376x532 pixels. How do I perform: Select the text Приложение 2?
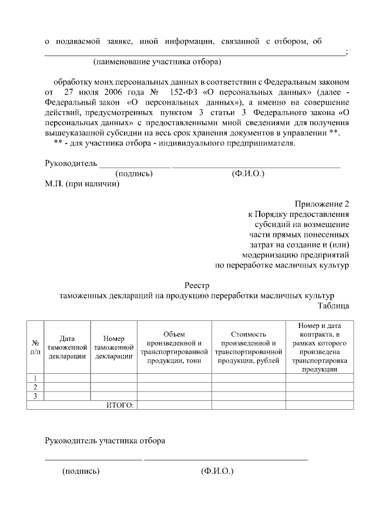[321, 204]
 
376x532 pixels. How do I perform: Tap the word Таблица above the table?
[334, 306]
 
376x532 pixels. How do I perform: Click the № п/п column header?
[35, 347]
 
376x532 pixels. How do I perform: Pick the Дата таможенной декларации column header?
[68, 347]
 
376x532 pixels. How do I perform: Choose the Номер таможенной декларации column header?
[113, 347]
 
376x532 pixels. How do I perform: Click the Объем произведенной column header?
[174, 347]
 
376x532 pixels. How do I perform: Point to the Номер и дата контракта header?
[320, 347]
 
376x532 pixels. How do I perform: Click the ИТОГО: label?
[120, 405]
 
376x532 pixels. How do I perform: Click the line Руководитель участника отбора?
[105, 440]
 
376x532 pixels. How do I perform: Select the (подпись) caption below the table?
[81, 471]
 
